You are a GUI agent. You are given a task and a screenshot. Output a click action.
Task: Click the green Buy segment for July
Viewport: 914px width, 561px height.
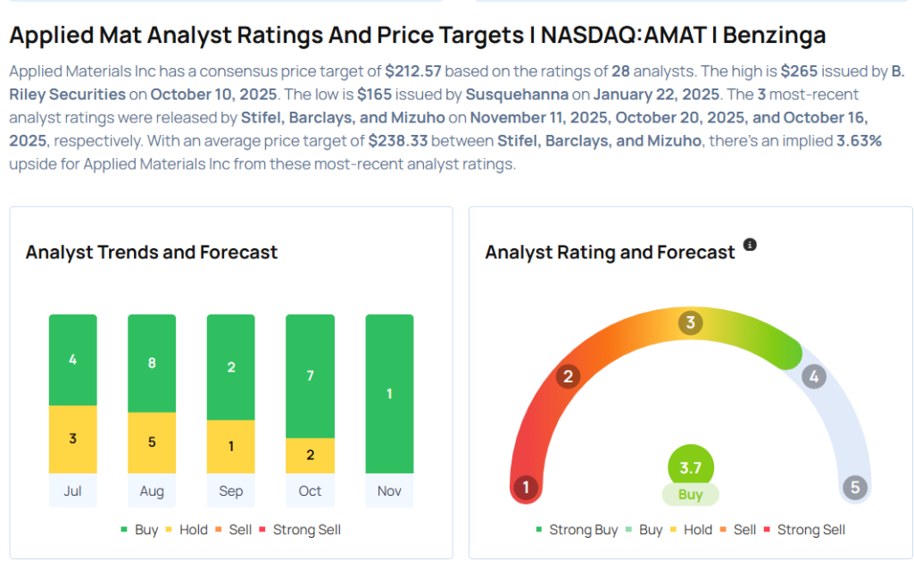click(73, 360)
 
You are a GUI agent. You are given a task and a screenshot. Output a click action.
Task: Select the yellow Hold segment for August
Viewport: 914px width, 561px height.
click(152, 442)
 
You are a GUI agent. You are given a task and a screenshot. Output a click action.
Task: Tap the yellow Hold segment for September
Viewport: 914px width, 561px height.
click(230, 446)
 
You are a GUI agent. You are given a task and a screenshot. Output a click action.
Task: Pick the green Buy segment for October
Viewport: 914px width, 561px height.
click(310, 376)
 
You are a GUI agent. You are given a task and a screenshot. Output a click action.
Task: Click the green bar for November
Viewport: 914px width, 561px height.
click(389, 393)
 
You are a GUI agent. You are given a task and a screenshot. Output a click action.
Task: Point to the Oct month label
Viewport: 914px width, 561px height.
click(310, 490)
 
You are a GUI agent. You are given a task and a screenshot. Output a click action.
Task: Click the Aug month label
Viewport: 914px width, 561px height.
click(152, 490)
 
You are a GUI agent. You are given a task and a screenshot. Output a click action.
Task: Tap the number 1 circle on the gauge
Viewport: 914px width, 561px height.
click(527, 487)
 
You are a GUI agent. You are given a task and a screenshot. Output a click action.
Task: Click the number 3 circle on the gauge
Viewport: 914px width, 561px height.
click(690, 322)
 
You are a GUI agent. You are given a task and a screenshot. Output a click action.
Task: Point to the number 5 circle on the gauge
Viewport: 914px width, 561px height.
click(854, 487)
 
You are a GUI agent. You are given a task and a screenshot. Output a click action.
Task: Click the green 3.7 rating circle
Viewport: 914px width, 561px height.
click(691, 467)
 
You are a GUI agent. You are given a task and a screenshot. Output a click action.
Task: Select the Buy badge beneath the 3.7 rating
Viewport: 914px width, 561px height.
click(690, 495)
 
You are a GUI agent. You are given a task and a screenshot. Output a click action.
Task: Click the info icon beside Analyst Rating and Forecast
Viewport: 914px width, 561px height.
click(750, 245)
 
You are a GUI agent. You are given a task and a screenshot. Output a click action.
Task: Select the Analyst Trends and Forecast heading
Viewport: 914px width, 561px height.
click(152, 253)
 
